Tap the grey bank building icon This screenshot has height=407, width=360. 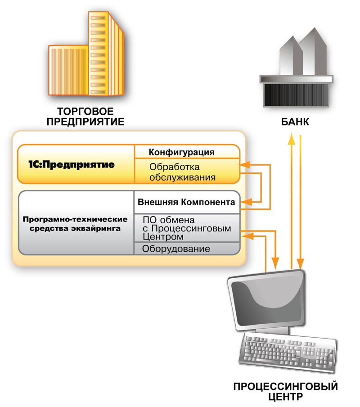(x=297, y=72)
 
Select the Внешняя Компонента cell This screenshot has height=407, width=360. (x=187, y=202)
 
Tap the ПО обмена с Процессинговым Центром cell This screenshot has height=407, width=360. (x=186, y=228)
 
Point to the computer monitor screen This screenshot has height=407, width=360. (x=266, y=300)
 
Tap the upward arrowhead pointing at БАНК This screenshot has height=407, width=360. (x=292, y=138)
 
